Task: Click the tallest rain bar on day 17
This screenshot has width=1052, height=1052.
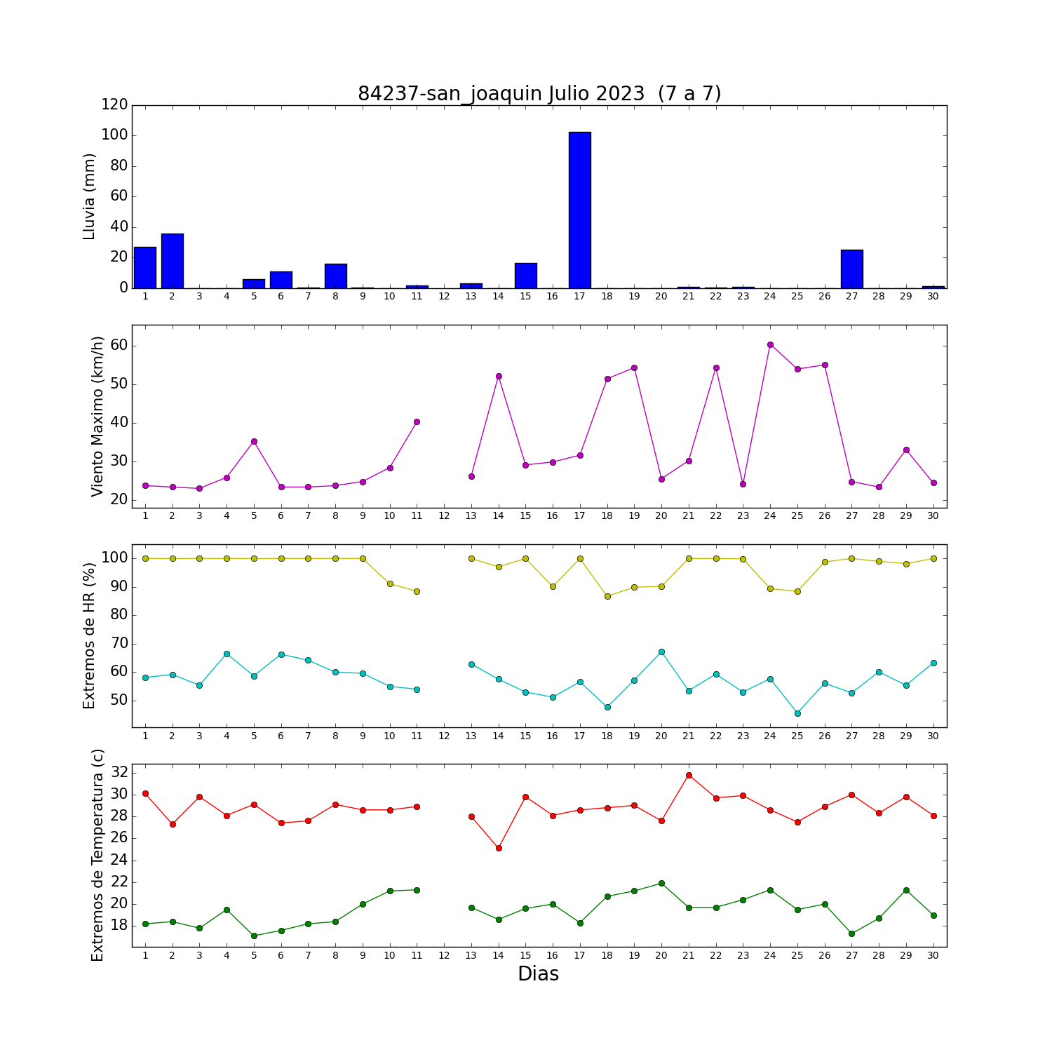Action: point(580,210)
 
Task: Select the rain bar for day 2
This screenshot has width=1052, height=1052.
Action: point(173,261)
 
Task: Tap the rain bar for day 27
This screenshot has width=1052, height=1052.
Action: point(852,269)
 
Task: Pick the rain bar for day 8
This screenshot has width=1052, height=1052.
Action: point(336,276)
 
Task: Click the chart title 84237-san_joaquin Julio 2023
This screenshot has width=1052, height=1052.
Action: point(501,94)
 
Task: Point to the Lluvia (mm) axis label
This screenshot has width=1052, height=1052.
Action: point(89,196)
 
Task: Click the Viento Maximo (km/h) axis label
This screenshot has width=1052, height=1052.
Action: point(97,417)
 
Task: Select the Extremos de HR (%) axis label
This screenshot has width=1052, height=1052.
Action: point(89,635)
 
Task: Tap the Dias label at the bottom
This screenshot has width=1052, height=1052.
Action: point(539,974)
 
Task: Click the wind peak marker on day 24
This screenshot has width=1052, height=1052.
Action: point(770,344)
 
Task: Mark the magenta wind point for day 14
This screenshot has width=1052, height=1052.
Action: point(499,376)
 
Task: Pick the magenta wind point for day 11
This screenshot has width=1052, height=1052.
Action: point(417,422)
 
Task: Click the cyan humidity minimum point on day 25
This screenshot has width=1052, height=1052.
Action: point(797,713)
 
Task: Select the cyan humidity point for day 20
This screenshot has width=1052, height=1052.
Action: point(661,652)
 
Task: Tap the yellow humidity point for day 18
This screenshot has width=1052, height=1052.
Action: point(607,596)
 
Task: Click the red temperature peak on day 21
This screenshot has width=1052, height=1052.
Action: point(689,775)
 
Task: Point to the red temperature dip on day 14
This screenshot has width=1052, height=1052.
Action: point(499,848)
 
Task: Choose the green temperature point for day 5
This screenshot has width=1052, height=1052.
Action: point(254,936)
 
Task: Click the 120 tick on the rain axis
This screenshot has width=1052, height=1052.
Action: point(115,104)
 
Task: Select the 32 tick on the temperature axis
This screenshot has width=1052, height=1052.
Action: point(120,772)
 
